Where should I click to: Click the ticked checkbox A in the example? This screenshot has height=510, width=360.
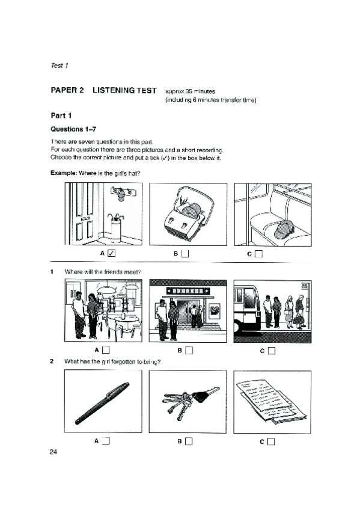[x=111, y=253]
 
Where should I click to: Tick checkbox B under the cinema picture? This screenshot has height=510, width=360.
[x=189, y=350]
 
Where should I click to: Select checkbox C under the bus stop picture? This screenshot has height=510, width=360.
[x=272, y=351]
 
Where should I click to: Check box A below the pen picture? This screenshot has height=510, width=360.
[x=106, y=441]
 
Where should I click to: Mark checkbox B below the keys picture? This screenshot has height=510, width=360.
[x=189, y=441]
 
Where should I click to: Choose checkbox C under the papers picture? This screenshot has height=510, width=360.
[x=271, y=441]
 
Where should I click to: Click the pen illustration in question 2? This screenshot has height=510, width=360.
[x=102, y=404]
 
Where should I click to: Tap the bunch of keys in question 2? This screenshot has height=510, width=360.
[x=190, y=402]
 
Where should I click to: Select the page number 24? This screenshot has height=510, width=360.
[x=53, y=452]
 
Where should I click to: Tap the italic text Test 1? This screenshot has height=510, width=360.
[x=59, y=66]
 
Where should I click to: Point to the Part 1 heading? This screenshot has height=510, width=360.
[x=61, y=115]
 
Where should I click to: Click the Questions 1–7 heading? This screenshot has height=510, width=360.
[x=73, y=129]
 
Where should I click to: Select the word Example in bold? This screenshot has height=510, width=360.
[x=63, y=173]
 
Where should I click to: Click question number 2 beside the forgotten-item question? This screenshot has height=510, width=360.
[x=52, y=361]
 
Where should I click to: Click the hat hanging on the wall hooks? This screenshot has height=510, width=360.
[x=121, y=195]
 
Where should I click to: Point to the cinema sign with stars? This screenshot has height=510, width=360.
[x=188, y=290]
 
